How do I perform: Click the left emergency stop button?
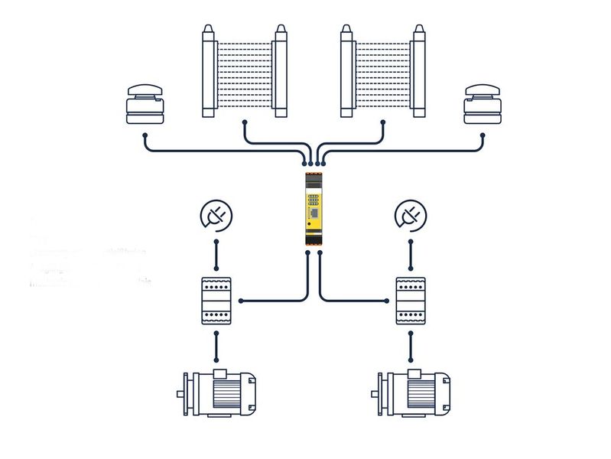tap(145, 106)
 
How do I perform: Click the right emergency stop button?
tap(483, 106)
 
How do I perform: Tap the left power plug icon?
tap(216, 216)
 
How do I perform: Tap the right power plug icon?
tap(411, 216)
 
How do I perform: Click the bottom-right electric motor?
tap(414, 394)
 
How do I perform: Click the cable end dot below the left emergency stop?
tap(145, 136)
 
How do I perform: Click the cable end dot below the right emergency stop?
tap(483, 136)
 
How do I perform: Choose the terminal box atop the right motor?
tap(416, 373)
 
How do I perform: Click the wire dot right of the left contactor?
tap(242, 301)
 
